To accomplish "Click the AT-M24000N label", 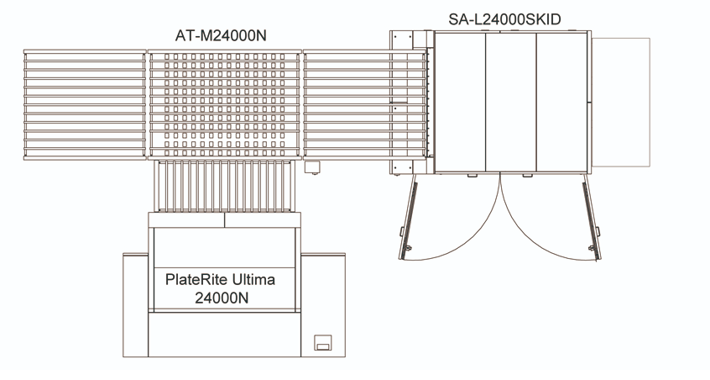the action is coord(221,35).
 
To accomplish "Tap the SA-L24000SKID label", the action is coord(504,19).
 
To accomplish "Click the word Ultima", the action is coord(253,279).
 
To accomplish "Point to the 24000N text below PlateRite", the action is coord(222,298).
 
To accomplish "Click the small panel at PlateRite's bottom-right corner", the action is coord(323,342).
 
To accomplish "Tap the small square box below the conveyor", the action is coord(312,166).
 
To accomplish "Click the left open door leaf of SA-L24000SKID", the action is coord(408,217).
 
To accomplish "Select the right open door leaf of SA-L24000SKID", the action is coord(592,217).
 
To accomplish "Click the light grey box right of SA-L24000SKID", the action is coord(621,102).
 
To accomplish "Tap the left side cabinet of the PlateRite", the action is coord(136,304).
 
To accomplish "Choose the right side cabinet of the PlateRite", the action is coord(323,304).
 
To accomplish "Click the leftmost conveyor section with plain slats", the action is coord(85,104).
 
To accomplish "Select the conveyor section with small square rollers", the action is coord(225,104).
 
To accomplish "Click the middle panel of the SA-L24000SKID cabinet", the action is coord(511,102).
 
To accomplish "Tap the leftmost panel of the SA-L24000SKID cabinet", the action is coord(460,102).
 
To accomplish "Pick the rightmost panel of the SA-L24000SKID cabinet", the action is coord(562,102).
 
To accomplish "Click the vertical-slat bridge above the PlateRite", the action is coord(224,186).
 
